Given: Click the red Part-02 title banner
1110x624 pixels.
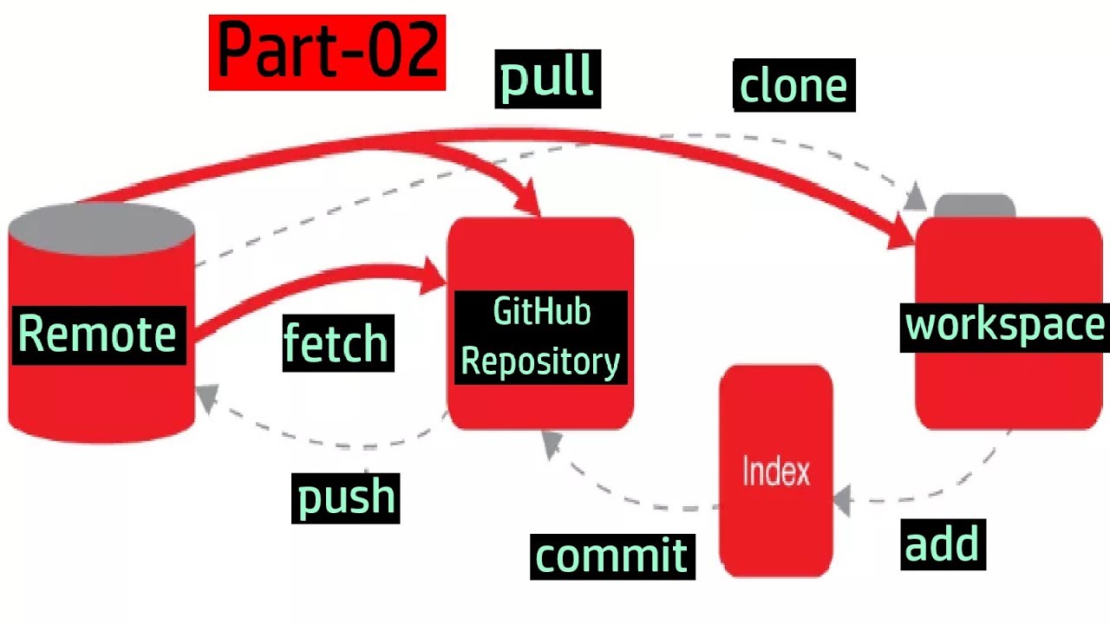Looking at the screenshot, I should coord(327,52).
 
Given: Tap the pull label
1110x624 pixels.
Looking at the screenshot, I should coord(547,78).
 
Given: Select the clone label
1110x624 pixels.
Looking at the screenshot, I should coord(793,85).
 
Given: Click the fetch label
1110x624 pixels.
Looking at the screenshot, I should coord(337,343).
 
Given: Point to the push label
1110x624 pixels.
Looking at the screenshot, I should coord(346,497).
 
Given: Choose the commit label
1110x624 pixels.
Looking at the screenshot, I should coord(612,555).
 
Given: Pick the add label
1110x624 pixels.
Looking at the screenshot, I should coord(943,544).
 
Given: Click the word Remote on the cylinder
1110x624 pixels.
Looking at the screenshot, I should coord(97,334).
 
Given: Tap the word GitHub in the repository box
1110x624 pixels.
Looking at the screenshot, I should coord(542,312).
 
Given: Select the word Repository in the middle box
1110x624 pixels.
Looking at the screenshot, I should coord(540,361).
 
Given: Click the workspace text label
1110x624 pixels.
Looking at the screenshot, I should coord(1005,325).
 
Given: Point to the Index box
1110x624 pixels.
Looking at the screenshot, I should coord(776,471).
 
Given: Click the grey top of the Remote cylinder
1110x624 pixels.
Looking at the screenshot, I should coord(101,228).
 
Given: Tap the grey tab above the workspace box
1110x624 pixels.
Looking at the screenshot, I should coord(975,206).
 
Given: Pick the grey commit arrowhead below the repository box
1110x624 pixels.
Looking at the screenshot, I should coord(552,444).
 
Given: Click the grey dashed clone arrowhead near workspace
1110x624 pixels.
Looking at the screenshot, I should coord(914,198).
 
